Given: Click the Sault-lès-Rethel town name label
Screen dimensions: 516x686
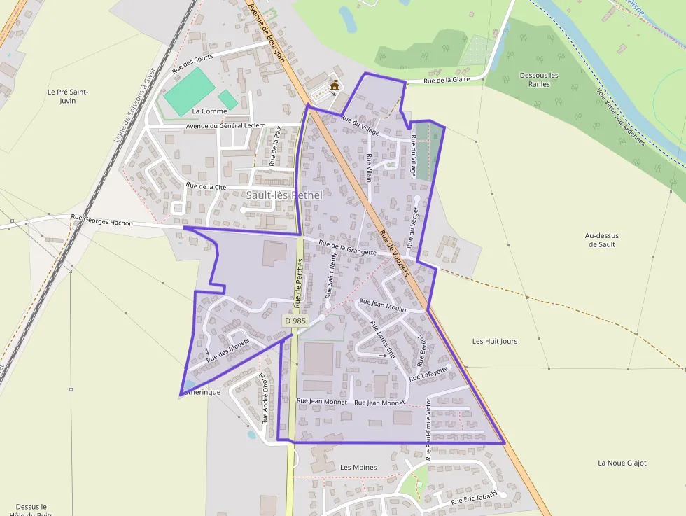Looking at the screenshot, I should pos(284,195).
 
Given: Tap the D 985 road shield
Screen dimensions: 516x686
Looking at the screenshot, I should pos(295,321).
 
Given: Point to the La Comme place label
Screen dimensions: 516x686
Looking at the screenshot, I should pos(209,111).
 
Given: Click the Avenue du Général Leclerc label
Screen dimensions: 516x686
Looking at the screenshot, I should pos(225,126).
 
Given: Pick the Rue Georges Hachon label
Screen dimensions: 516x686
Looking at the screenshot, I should pos(101,221).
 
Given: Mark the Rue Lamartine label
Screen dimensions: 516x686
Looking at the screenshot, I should pos(382,340).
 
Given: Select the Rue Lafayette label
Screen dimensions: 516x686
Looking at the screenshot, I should pos(429,373).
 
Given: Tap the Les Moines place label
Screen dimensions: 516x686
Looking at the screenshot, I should pos(358,467).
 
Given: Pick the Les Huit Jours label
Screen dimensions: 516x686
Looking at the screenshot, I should pos(495,341).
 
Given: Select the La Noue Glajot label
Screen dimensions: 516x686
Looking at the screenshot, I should pos(622,463).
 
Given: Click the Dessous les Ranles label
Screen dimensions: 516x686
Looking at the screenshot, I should pos(539,79).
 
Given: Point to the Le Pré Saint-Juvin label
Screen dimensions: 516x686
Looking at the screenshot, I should pos(68,96).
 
